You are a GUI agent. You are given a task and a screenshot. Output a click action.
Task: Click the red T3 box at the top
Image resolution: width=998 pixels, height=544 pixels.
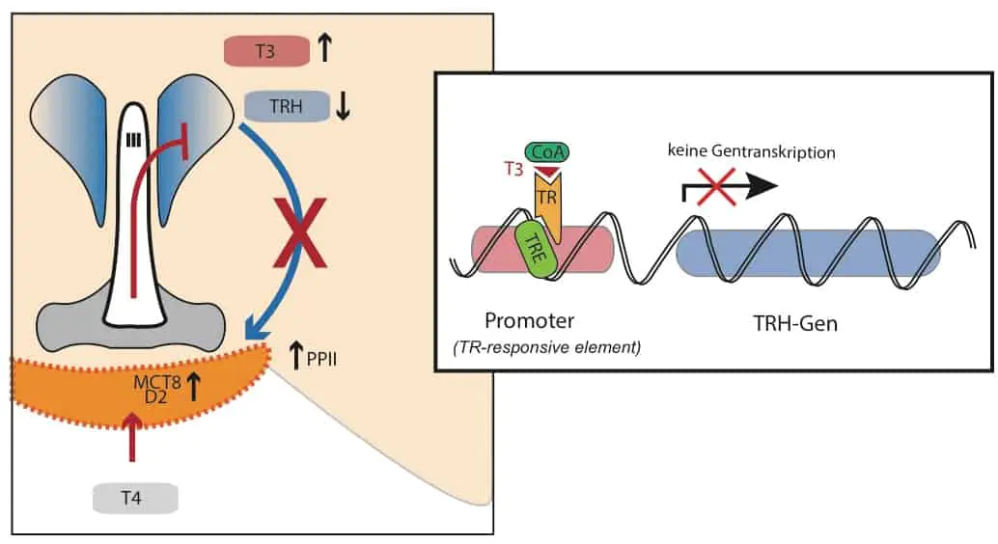pos(266,52)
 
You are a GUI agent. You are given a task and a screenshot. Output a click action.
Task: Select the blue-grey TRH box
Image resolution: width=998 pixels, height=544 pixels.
pos(287,107)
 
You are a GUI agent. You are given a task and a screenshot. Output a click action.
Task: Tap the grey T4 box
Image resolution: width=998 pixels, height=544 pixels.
pos(134,498)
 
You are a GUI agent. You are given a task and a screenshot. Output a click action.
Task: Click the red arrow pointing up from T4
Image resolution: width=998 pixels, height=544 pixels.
pos(133,444)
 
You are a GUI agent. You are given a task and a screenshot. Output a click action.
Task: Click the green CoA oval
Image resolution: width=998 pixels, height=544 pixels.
pos(547,152)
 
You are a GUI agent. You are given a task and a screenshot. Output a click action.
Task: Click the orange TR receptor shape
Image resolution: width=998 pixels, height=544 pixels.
pos(546,198)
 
